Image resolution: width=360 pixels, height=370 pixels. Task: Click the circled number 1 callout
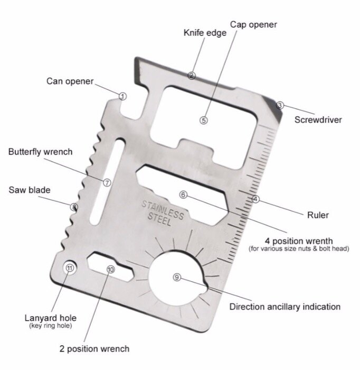122,96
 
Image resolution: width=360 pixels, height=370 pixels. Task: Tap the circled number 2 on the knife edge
191,76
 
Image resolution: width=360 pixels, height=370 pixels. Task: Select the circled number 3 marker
280,105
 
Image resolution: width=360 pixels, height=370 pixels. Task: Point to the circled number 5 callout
204,121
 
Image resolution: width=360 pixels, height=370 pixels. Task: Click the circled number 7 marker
107,183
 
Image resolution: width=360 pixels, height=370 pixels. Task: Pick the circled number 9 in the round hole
177,277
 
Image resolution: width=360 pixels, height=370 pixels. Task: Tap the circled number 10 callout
111,270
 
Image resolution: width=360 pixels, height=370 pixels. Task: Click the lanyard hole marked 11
70,268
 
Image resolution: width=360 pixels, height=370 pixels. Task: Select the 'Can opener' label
70,81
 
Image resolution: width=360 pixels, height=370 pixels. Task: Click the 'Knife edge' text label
205,33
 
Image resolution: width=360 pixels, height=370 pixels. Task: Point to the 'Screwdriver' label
318,119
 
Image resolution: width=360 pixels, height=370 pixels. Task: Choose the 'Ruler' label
318,215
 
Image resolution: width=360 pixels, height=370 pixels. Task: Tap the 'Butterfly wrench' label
40,152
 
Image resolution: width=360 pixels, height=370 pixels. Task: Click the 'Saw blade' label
30,190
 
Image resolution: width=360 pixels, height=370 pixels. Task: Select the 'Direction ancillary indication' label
285,307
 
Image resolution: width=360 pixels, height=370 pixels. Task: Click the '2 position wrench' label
94,349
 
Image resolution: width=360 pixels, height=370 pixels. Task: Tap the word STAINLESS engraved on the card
163,210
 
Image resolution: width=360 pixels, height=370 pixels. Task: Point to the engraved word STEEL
159,219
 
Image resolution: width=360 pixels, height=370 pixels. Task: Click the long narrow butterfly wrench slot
108,181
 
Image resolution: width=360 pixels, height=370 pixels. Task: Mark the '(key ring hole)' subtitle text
51,326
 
